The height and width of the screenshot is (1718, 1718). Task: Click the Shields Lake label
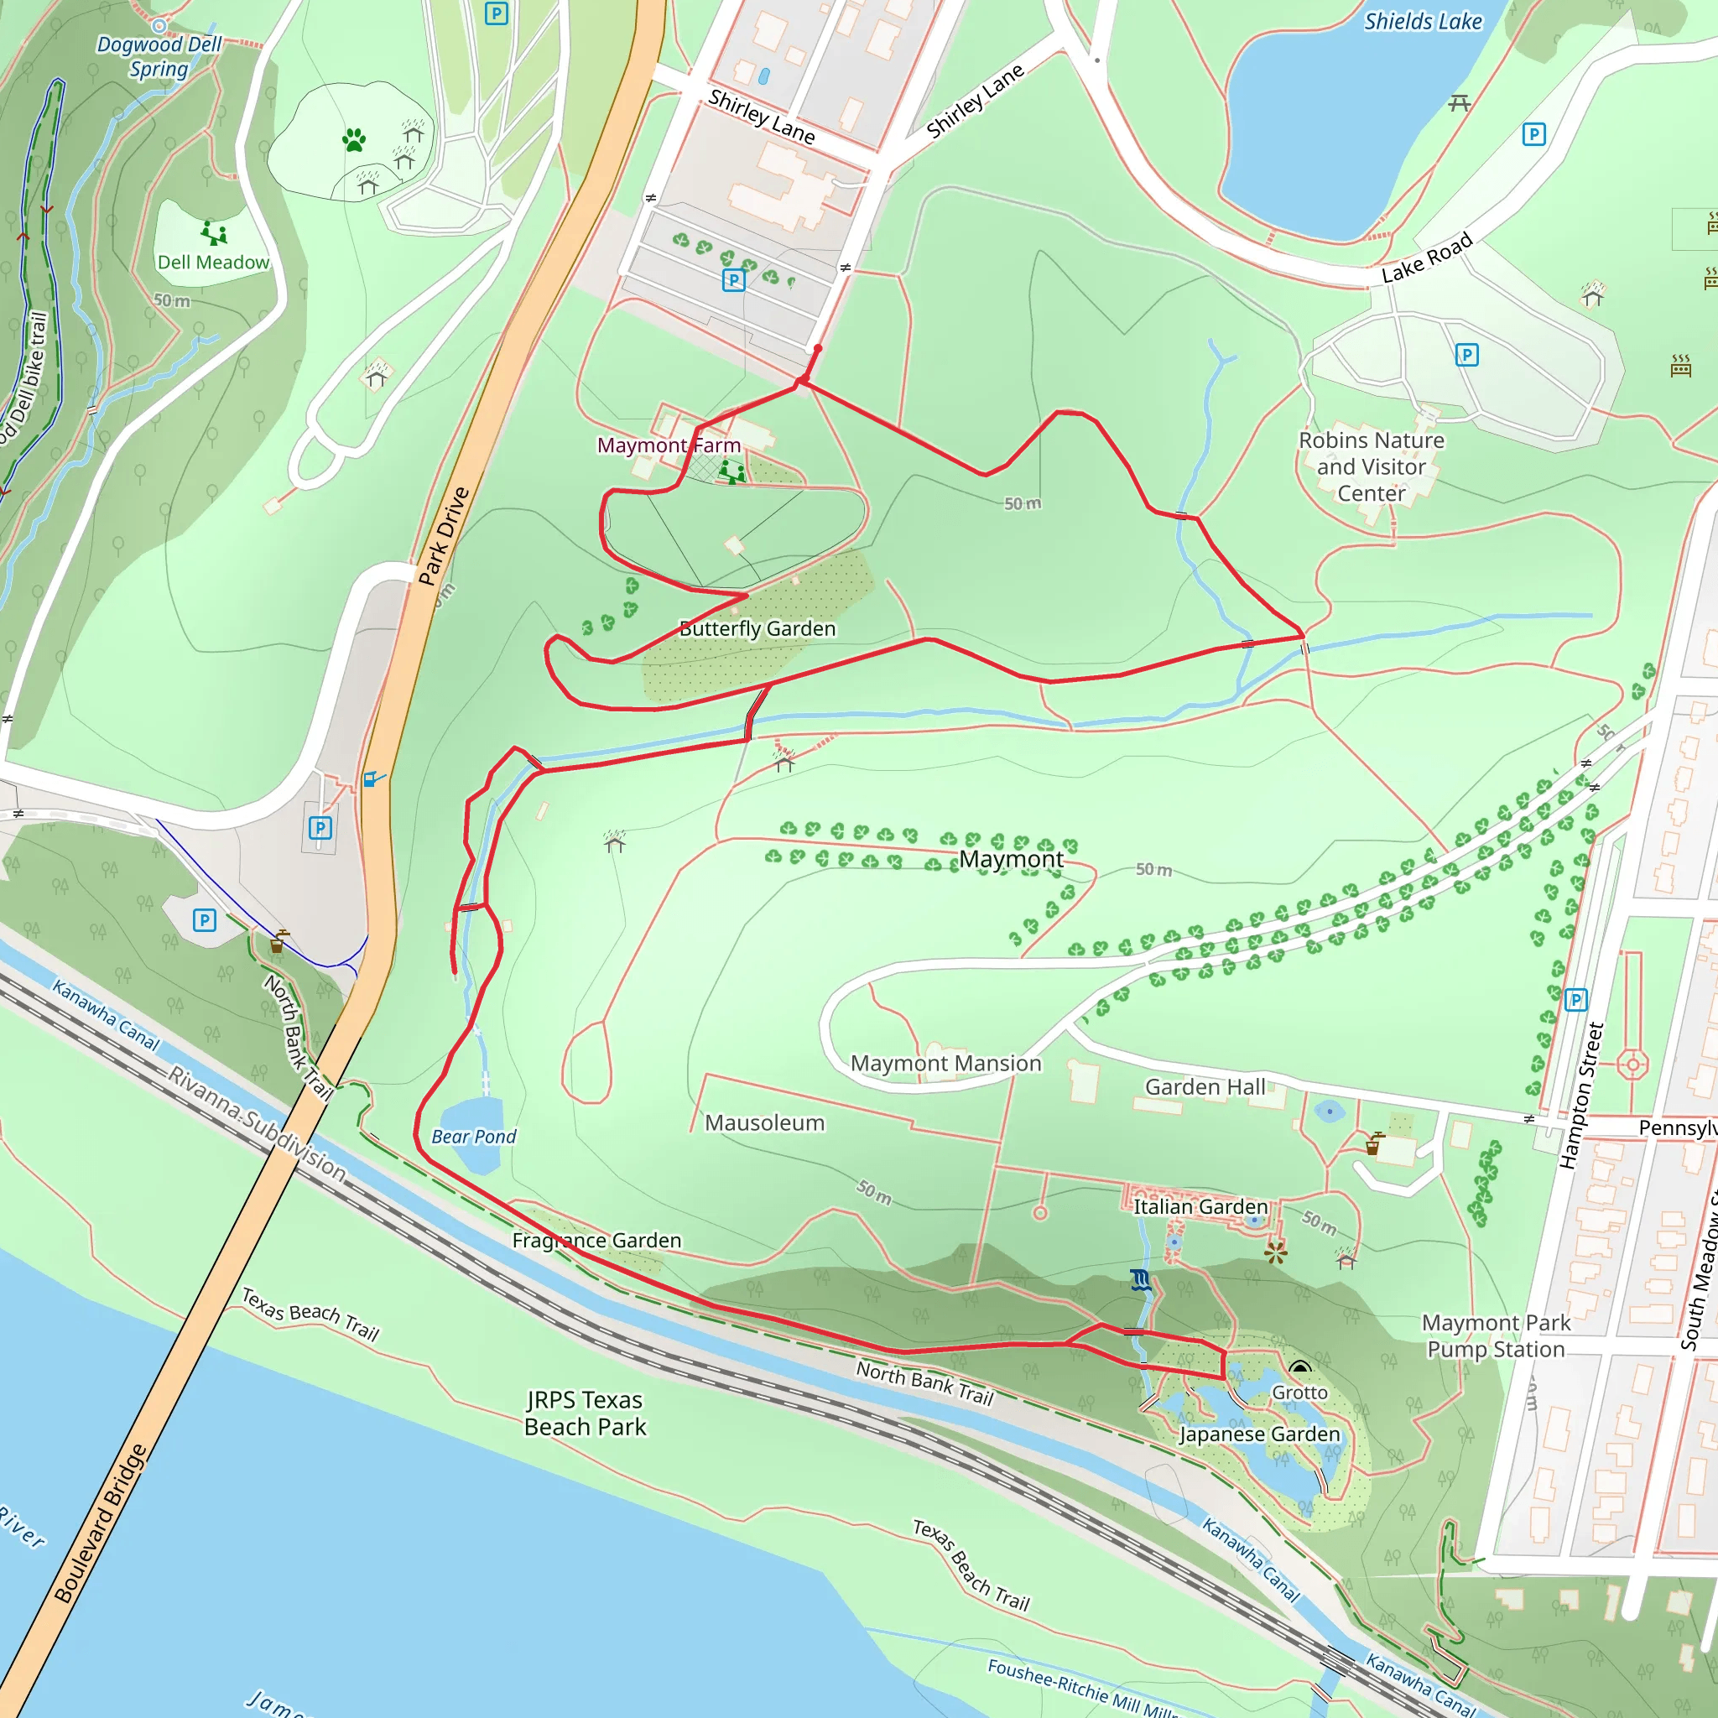pos(1423,21)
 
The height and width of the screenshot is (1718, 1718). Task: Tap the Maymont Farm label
pos(668,445)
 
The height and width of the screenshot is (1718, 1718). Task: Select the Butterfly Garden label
pos(757,628)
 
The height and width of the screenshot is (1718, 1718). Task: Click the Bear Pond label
pos(473,1137)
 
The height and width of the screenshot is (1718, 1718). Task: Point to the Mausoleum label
pos(765,1123)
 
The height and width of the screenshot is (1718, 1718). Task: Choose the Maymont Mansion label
pos(945,1064)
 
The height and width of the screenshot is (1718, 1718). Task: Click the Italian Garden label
pos(1200,1206)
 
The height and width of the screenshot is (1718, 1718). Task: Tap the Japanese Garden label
pos(1259,1434)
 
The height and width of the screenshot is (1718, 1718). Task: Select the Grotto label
pos(1299,1393)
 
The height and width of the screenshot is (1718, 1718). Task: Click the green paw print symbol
pos(354,139)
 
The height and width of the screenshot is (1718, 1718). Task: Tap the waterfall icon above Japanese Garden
pos(1141,1280)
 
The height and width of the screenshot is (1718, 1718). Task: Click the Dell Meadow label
pos(212,263)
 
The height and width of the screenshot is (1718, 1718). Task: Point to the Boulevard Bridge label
pos(100,1524)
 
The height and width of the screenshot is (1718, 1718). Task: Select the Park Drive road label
pos(443,536)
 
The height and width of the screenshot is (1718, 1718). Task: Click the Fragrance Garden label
pos(596,1241)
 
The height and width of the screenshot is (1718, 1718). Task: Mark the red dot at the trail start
pos(818,349)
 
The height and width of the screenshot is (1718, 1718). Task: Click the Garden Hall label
pos(1205,1087)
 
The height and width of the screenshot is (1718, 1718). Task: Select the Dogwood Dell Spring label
pos(159,56)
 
